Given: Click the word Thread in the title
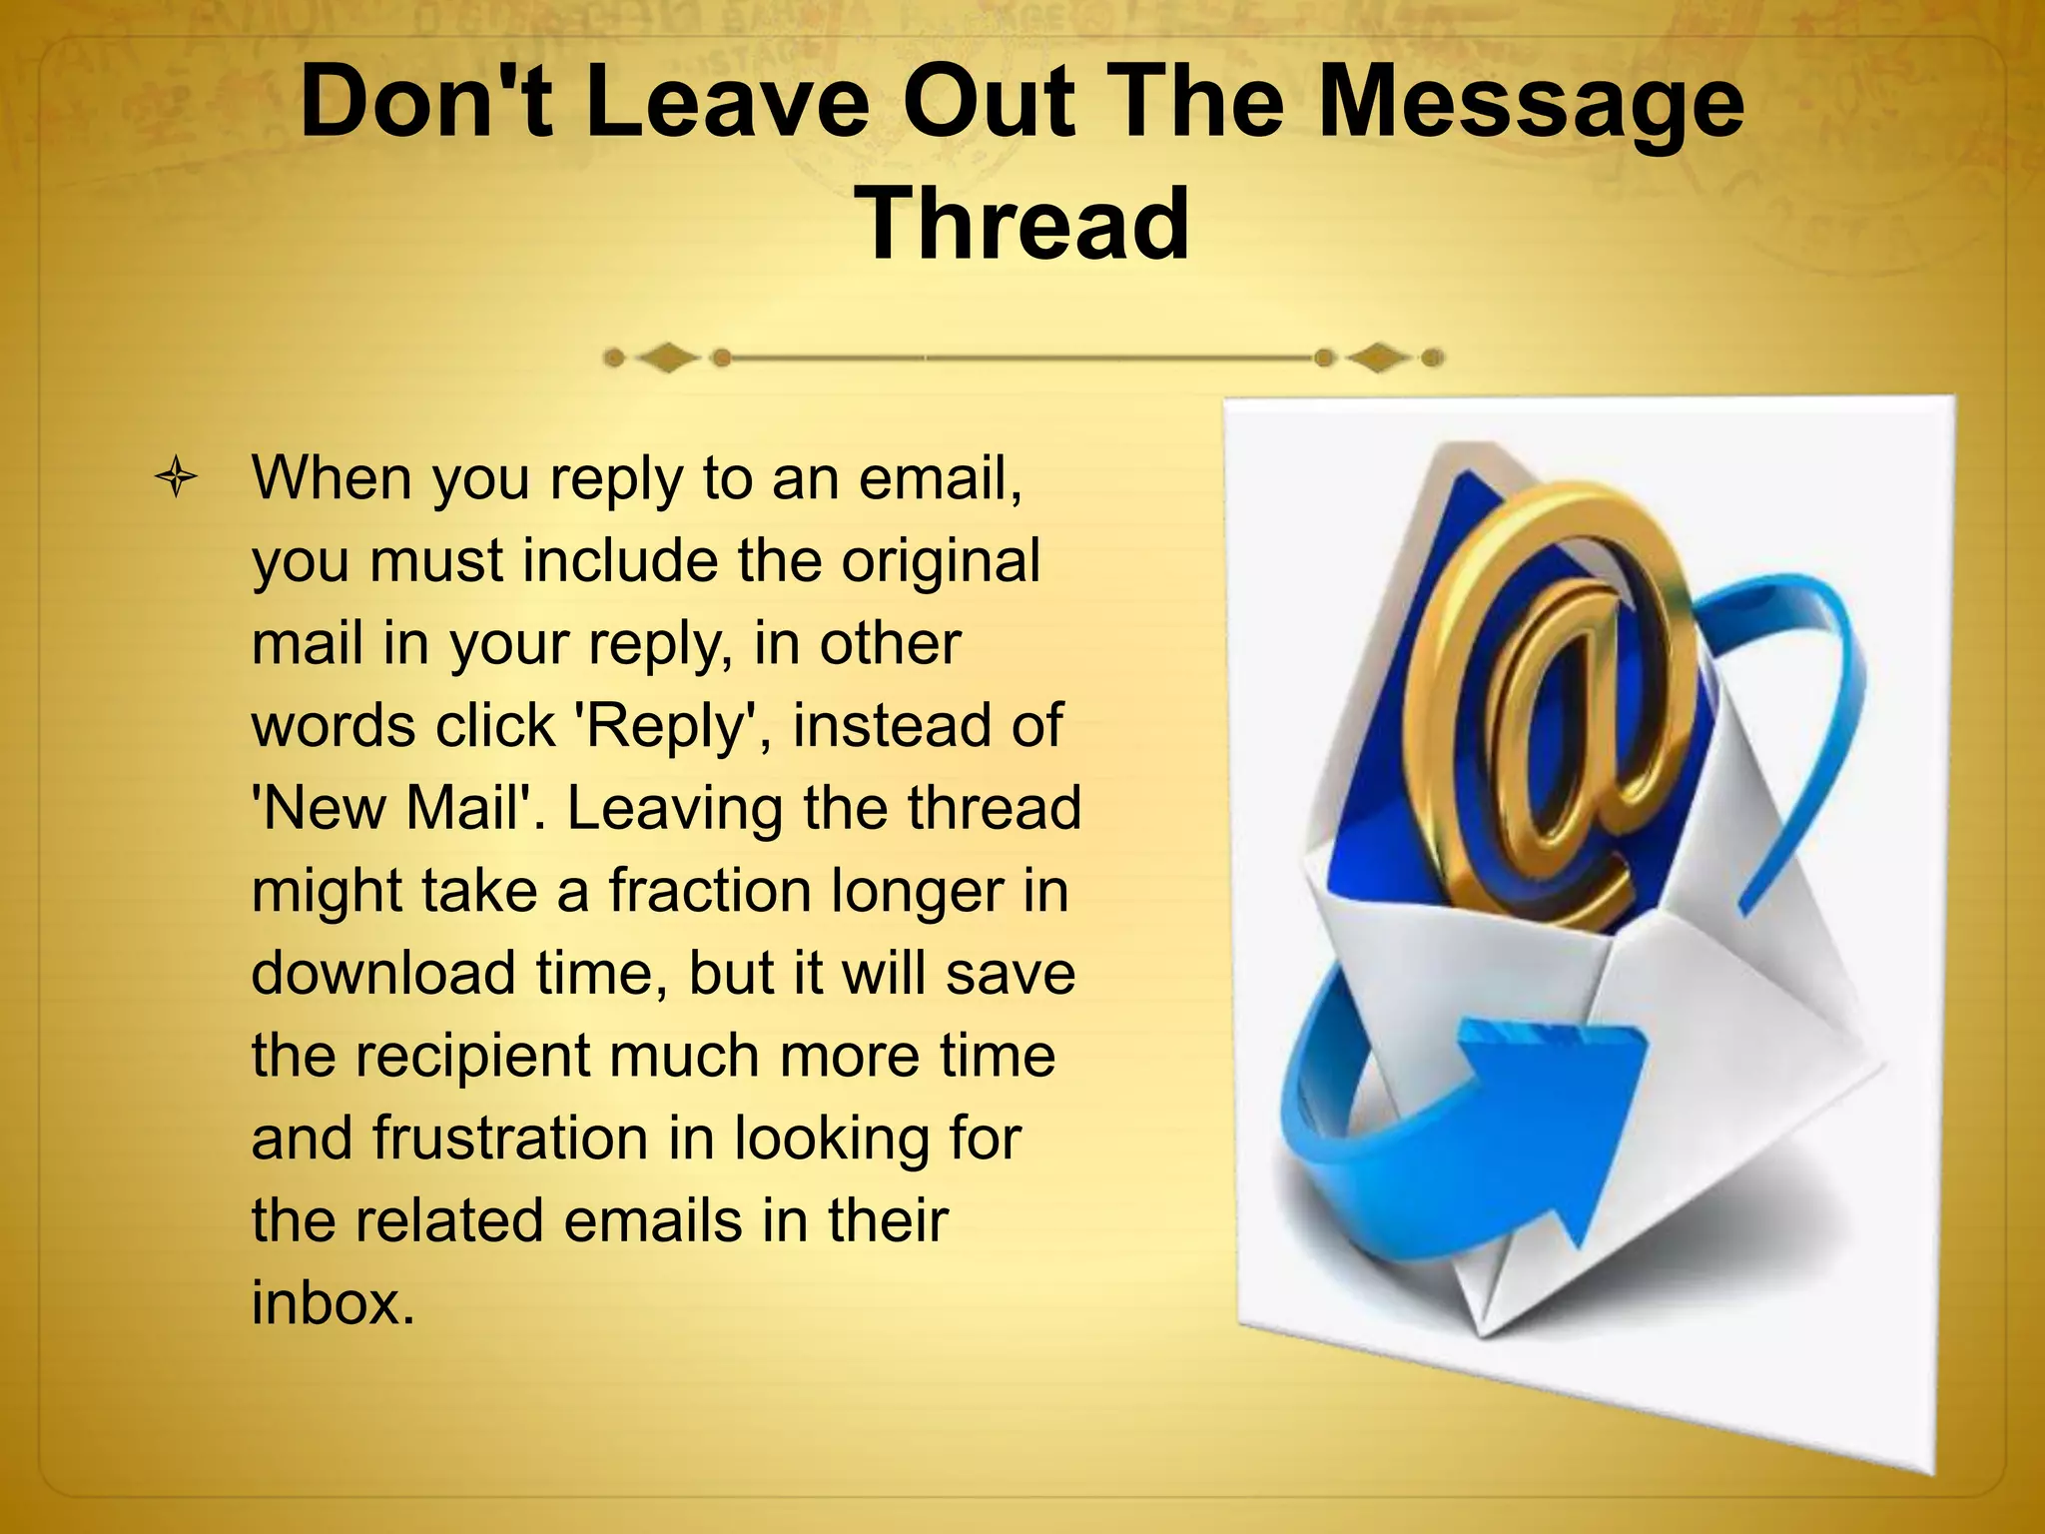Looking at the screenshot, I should [x=1023, y=225].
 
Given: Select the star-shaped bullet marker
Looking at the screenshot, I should [x=177, y=477].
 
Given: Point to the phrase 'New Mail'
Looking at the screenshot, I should [x=398, y=808].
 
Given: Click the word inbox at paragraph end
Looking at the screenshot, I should [x=333, y=1302].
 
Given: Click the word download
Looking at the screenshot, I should [x=383, y=973].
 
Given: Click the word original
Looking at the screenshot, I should [x=940, y=560].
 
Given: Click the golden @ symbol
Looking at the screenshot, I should [x=1558, y=699].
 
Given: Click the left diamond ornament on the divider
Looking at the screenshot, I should [x=666, y=357].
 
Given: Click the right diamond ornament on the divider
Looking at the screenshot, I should [x=1379, y=357].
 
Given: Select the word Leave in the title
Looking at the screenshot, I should [x=728, y=103].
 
